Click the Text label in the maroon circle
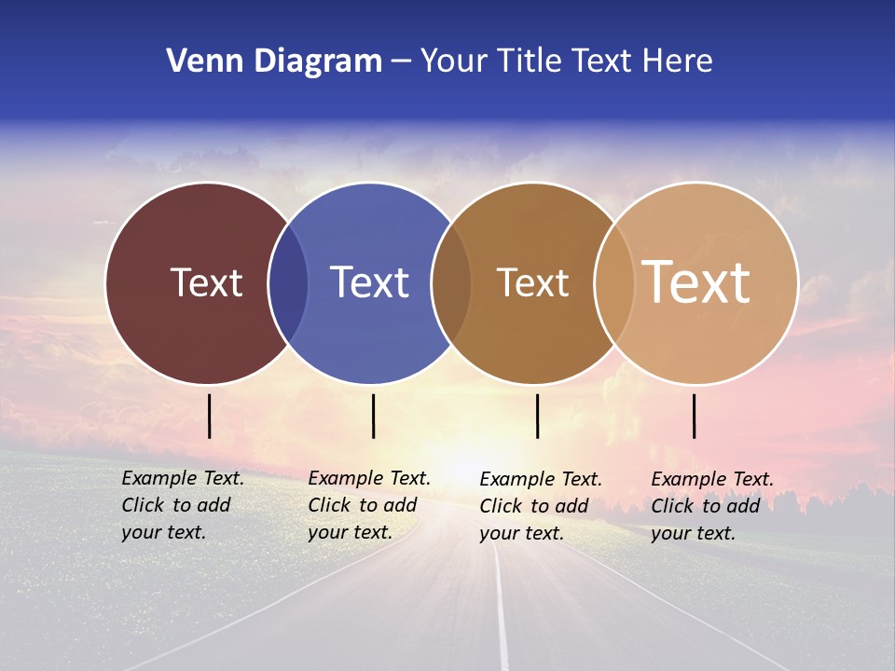pos(206,282)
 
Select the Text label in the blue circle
pos(369,282)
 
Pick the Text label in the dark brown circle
pos(532,282)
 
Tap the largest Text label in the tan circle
pos(695,281)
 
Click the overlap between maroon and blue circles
pos(288,282)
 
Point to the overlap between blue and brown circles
pos(451,282)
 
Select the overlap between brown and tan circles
pos(614,282)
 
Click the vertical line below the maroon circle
pos(210,416)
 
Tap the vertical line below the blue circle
pos(373,416)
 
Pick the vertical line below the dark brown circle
pos(538,416)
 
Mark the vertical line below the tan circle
pos(695,416)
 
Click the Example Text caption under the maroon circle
pos(182,505)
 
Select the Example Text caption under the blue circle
pos(368,505)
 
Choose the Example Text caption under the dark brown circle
pos(540,506)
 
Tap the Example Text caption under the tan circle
pos(711,506)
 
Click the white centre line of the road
pos(502,615)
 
